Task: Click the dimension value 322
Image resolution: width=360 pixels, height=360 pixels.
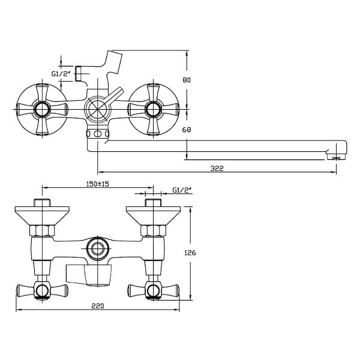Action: tap(217, 169)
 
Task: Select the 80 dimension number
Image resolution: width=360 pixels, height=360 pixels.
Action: tap(187, 80)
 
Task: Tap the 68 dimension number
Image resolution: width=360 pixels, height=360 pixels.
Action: tap(187, 130)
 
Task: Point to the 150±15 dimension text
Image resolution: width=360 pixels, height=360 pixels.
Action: tap(97, 184)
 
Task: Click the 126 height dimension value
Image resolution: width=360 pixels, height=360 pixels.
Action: tap(190, 253)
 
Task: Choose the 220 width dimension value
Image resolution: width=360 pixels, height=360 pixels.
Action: tap(98, 306)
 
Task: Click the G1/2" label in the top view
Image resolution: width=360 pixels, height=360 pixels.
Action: tap(61, 74)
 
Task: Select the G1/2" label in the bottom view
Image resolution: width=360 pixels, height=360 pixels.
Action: tap(182, 190)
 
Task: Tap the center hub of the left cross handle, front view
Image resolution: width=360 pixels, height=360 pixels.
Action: tap(42, 109)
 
